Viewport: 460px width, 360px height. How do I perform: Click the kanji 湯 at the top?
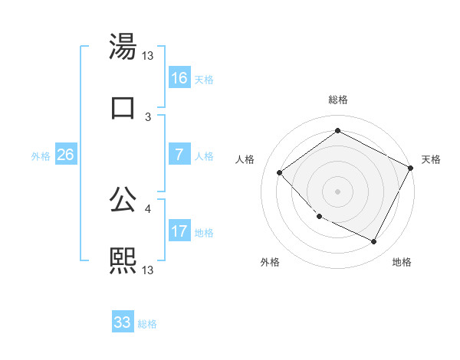(x=123, y=48)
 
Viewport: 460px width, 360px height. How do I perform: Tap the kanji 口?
(x=123, y=108)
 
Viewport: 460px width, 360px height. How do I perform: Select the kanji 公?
(x=123, y=201)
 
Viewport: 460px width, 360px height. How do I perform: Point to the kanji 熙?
(x=123, y=260)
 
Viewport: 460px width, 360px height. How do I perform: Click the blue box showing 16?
(x=179, y=78)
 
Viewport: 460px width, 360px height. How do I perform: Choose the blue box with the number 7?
(x=179, y=155)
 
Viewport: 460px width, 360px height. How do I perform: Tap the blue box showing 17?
(x=179, y=231)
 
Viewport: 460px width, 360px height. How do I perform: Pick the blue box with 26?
(x=65, y=155)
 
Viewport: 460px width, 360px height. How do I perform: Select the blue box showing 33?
(x=123, y=322)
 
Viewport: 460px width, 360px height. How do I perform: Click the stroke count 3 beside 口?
(x=148, y=116)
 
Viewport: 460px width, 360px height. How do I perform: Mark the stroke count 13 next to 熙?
(x=149, y=270)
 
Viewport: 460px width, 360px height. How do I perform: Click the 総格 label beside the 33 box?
(x=147, y=324)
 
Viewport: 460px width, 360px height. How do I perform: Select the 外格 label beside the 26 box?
(x=41, y=156)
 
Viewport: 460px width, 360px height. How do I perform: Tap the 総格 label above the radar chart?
(x=337, y=100)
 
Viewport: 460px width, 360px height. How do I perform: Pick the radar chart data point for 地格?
(x=374, y=242)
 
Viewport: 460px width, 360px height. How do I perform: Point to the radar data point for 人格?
(x=280, y=172)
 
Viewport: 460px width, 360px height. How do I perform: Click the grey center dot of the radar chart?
(x=337, y=191)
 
